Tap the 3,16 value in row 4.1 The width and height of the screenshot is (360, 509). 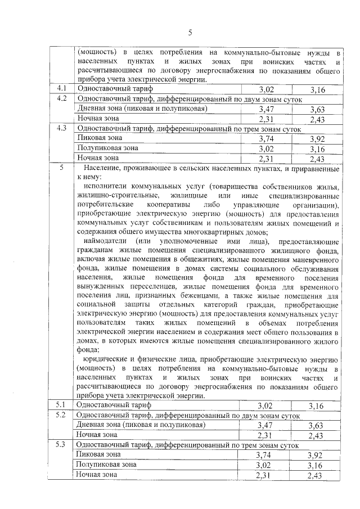pos(318,89)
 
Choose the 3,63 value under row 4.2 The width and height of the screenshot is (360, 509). pos(318,109)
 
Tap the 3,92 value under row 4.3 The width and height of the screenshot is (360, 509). pos(318,138)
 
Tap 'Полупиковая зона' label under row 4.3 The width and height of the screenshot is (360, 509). pos(107,148)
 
